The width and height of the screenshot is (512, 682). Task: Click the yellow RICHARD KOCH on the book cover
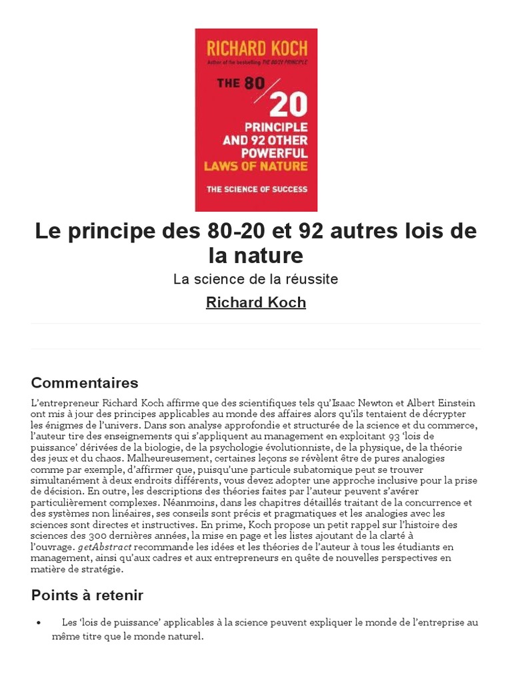click(256, 48)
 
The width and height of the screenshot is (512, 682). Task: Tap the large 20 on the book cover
click(288, 105)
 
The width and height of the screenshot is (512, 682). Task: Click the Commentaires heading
click(85, 383)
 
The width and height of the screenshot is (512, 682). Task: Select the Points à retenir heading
click(87, 595)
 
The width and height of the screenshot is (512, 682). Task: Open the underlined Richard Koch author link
click(256, 302)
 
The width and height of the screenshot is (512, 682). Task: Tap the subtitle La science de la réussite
click(256, 279)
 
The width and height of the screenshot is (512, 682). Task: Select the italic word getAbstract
click(104, 547)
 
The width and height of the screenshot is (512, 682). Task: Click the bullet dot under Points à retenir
click(39, 623)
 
